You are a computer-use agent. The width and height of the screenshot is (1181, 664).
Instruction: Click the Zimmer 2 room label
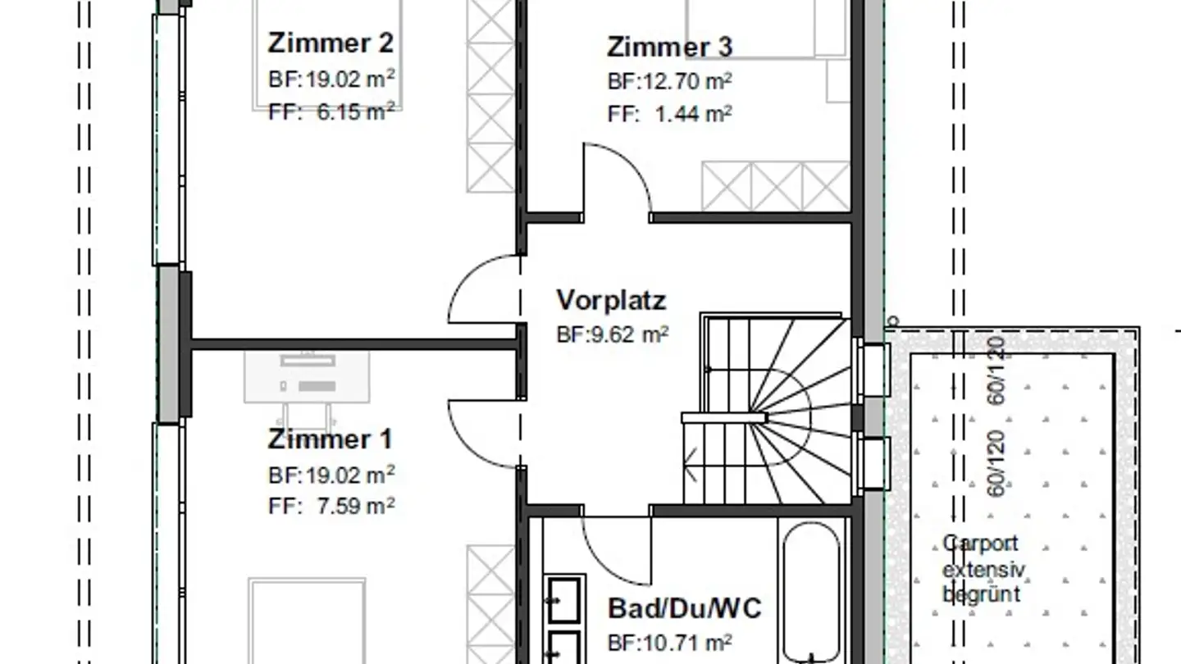(330, 43)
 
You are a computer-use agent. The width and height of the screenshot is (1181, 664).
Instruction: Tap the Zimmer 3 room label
(669, 48)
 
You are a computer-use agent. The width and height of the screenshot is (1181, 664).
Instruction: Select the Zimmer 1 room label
(330, 439)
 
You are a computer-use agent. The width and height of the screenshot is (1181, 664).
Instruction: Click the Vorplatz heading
(611, 300)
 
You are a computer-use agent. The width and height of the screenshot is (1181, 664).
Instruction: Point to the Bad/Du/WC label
(684, 608)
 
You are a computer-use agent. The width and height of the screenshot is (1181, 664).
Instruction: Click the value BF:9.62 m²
(613, 334)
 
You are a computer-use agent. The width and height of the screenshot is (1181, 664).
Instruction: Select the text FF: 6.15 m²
(331, 111)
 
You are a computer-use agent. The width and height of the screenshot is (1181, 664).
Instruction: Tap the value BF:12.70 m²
(669, 82)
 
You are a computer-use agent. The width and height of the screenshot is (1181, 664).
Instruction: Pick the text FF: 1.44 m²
(669, 115)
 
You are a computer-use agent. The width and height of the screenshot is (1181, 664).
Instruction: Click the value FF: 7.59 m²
(331, 506)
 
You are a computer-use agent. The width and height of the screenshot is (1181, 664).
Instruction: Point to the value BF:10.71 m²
(669, 642)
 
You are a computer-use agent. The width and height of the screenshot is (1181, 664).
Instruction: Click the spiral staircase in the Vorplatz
(767, 410)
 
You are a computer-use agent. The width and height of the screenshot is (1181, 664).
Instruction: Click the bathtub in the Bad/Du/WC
(811, 590)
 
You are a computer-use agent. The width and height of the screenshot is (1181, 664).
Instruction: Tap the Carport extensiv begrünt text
(981, 569)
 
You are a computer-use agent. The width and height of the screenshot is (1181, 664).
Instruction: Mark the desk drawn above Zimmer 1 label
(307, 378)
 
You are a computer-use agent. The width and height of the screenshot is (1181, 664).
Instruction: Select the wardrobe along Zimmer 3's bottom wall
(776, 186)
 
